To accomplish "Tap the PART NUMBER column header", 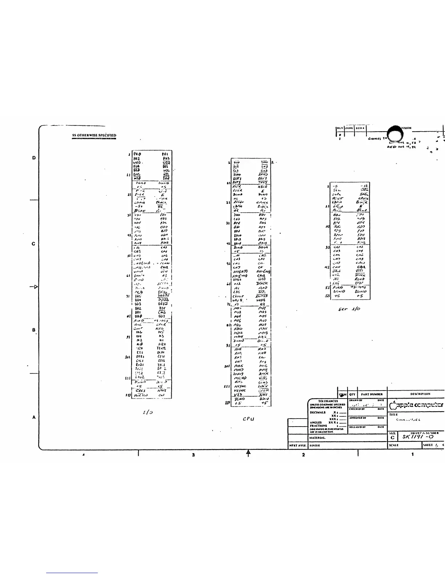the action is (372, 394).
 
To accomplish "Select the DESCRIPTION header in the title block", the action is (420, 394).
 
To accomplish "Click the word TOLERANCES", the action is (328, 401).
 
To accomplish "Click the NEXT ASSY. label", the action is (297, 445).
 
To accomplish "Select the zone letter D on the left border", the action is (34, 158).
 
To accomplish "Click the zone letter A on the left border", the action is (34, 417).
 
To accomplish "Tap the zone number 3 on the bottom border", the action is (193, 455).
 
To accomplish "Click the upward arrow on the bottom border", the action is (248, 453).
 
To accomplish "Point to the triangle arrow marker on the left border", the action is (35, 287).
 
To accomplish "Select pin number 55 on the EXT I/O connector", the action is (327, 296).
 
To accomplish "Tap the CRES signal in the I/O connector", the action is (140, 391).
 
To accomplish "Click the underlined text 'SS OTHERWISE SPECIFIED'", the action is (94, 135).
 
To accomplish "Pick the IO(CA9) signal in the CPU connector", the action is (240, 272).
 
